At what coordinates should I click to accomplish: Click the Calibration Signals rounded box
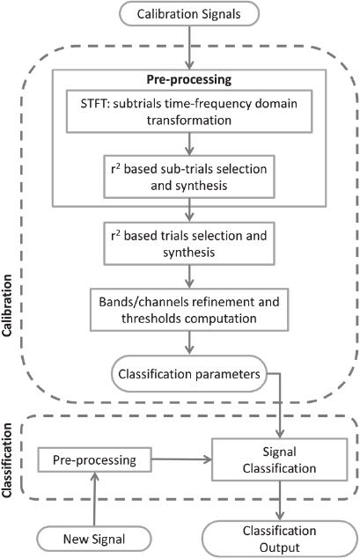point(189,14)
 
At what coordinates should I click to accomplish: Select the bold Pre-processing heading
point(189,79)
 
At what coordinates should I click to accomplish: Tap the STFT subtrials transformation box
point(189,112)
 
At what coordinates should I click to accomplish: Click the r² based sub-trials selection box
point(189,177)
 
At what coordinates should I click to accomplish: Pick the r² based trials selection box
point(189,244)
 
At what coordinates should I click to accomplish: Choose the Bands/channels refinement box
point(189,310)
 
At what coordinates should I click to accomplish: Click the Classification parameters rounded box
point(189,374)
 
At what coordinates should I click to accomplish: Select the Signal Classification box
point(280,459)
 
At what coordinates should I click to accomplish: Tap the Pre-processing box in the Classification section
point(95,459)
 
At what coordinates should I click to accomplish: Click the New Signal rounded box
point(94,539)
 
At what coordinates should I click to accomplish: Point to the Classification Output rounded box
point(280,539)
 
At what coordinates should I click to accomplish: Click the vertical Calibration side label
point(7,305)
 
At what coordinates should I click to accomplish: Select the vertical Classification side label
point(7,460)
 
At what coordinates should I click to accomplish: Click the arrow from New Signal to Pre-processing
point(94,499)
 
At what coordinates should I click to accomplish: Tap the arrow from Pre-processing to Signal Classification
point(182,459)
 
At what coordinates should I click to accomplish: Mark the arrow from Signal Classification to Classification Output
point(280,501)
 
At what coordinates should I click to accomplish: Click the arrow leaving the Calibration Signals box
point(189,48)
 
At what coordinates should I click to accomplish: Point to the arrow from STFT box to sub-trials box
point(189,144)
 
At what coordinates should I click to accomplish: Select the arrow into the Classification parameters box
point(189,343)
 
